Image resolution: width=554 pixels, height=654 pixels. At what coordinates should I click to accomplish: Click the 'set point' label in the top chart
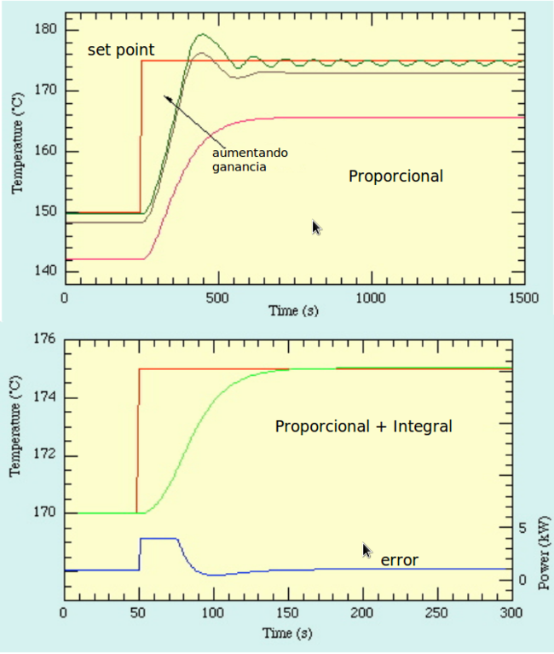(x=120, y=51)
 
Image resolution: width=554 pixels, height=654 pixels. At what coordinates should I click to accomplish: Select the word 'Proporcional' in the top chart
(x=395, y=177)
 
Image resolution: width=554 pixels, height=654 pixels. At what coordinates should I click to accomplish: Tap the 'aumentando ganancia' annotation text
(x=250, y=160)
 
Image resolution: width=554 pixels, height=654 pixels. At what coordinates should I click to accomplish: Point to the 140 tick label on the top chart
(x=44, y=272)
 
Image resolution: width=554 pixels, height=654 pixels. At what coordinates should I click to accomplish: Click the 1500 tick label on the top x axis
(x=522, y=298)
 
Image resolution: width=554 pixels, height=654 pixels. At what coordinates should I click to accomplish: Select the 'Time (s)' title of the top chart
(x=293, y=312)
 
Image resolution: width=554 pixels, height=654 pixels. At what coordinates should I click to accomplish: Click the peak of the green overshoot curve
(x=202, y=35)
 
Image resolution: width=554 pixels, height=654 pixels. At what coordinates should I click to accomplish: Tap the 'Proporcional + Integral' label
(x=363, y=425)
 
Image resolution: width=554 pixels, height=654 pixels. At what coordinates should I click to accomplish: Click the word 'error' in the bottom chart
(x=399, y=560)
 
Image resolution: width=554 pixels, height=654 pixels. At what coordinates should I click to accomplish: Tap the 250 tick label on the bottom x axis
(x=438, y=614)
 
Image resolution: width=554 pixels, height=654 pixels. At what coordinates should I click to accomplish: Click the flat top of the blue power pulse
(x=159, y=538)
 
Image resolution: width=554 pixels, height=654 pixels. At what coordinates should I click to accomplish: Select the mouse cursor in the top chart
(x=317, y=227)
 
